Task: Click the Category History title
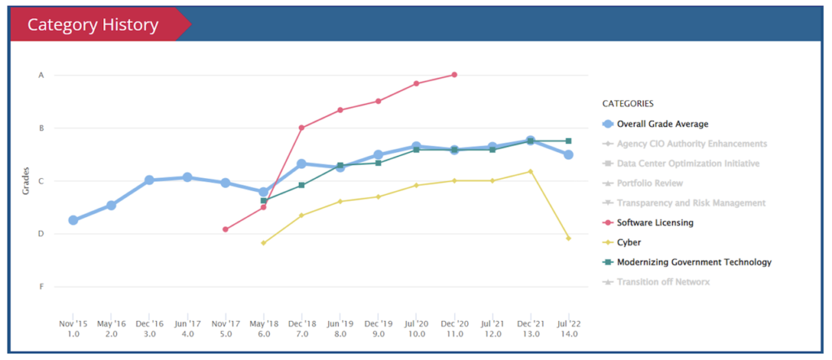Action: [93, 25]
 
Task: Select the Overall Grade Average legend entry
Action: [661, 124]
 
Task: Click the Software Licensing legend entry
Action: [655, 223]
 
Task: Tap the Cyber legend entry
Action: [629, 242]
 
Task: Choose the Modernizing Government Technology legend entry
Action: [694, 262]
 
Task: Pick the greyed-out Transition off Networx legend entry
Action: [663, 282]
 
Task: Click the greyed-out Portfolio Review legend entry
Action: [650, 183]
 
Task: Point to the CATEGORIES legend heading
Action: [628, 104]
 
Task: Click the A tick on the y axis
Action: [41, 76]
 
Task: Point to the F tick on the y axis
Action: [41, 287]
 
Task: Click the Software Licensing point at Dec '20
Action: [454, 75]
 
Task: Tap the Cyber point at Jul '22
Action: [569, 238]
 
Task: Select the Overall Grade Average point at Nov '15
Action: [73, 220]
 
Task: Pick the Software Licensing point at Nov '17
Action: [225, 229]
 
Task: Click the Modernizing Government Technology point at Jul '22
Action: [569, 141]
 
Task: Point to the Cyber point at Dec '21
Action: [531, 171]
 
